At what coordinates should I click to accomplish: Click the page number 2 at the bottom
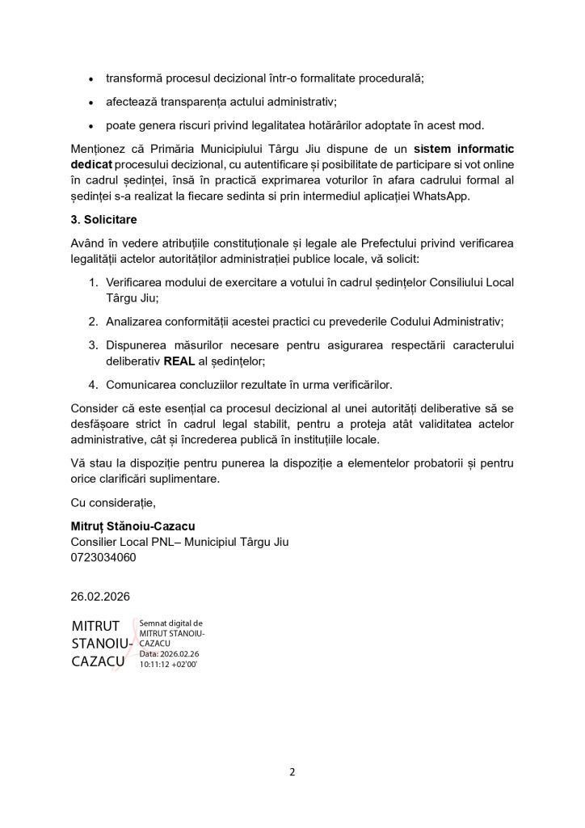pyautogui.click(x=292, y=771)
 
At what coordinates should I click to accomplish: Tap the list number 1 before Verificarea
pyautogui.click(x=93, y=282)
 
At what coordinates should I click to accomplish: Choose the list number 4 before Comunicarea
pyautogui.click(x=93, y=384)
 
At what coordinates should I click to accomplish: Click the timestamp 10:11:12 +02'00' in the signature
pyautogui.click(x=169, y=663)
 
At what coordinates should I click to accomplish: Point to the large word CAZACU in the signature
pyautogui.click(x=98, y=661)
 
